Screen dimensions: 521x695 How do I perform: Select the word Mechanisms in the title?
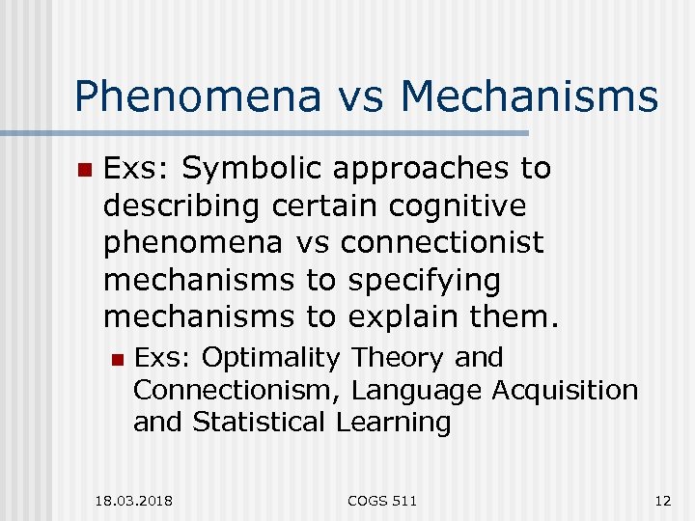point(528,97)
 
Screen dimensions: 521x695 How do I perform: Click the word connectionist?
point(442,243)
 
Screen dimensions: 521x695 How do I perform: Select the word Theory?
point(398,358)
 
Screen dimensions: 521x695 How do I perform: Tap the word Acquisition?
point(566,390)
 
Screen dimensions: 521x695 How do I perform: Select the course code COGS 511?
point(383,500)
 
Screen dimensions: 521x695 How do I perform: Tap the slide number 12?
point(661,500)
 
